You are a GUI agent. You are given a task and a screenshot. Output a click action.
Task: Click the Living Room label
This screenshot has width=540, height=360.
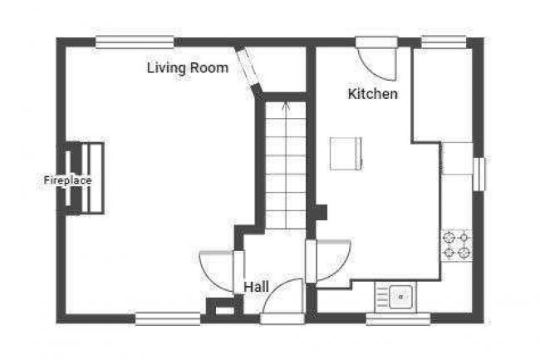(x=187, y=68)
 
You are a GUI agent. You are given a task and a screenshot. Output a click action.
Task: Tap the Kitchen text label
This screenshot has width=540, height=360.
(x=372, y=94)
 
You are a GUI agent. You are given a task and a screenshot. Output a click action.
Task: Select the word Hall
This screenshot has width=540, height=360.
(x=256, y=286)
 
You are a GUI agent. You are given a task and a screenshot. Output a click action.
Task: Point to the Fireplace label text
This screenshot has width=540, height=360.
(x=67, y=180)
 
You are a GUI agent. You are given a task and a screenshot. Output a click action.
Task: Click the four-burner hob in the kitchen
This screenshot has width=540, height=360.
(x=457, y=244)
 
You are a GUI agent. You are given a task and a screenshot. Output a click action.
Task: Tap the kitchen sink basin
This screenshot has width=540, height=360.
(x=400, y=294)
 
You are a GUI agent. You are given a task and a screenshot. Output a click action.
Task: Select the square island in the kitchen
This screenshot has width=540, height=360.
(x=345, y=153)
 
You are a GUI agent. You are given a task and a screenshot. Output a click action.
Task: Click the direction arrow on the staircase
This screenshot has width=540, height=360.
(x=286, y=106)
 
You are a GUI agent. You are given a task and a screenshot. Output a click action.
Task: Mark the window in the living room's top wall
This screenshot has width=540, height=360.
(x=135, y=41)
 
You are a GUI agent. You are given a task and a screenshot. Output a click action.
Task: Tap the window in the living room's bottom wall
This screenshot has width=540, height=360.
(x=168, y=317)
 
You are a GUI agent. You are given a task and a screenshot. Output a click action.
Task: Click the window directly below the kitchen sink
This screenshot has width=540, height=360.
(x=398, y=318)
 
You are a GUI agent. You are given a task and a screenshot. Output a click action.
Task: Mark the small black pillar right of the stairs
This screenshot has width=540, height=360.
(x=322, y=212)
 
